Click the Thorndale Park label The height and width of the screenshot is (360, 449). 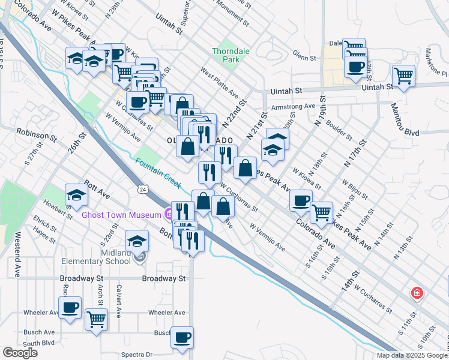[x=226, y=56]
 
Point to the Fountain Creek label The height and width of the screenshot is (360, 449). [x=158, y=171]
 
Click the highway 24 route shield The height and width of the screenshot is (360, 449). [x=142, y=190]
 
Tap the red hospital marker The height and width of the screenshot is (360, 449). [x=416, y=293]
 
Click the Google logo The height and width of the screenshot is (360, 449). [x=20, y=353]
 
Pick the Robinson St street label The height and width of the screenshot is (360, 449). [x=36, y=134]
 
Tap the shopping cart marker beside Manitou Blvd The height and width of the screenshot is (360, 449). [x=403, y=76]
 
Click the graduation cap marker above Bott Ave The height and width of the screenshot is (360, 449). [x=76, y=194]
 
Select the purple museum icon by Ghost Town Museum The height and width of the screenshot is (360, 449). [x=169, y=212]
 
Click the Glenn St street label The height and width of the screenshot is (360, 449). [x=305, y=58]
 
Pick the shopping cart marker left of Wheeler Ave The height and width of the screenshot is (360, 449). [x=96, y=319]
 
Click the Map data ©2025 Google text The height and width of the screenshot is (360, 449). [x=412, y=355]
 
